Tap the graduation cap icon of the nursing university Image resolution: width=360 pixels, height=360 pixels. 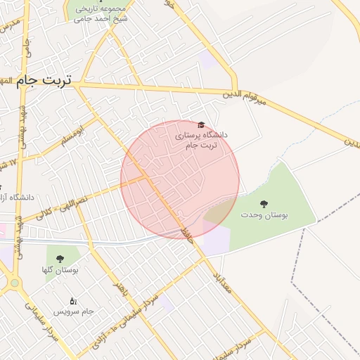coord(202,124)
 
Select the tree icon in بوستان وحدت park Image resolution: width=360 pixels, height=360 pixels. coord(264,204)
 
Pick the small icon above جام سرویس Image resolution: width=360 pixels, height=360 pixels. coord(72,301)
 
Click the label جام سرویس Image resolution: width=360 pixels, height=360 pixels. coord(78,311)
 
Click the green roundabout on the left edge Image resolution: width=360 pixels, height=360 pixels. coord(14,283)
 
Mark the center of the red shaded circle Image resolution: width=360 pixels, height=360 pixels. coord(180,179)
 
